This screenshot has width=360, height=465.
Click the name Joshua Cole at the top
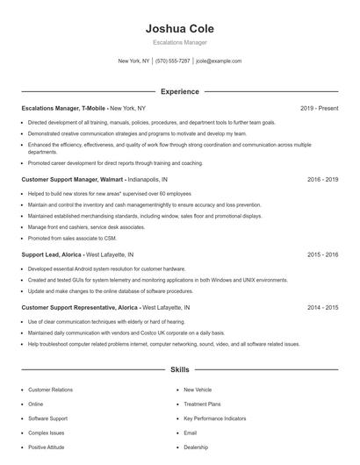click(179, 28)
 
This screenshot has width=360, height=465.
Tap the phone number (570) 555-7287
click(173, 61)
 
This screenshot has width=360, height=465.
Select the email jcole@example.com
click(219, 61)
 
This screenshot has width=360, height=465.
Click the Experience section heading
click(179, 91)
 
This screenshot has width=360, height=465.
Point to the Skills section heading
click(179, 370)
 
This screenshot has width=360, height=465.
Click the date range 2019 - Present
click(319, 108)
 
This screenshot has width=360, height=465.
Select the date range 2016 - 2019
click(323, 179)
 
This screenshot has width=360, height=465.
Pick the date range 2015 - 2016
click(323, 254)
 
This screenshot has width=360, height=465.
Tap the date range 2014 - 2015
click(323, 308)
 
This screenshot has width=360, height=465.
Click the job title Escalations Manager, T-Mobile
click(63, 108)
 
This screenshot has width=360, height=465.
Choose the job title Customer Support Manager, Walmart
click(73, 179)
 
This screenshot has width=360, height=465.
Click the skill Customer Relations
click(50, 389)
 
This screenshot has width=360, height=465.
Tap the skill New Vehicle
click(198, 389)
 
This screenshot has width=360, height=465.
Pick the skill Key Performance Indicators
click(215, 418)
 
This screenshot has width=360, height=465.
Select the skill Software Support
click(47, 418)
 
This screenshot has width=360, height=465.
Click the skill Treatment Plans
click(201, 404)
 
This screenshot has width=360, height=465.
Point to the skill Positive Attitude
click(47, 447)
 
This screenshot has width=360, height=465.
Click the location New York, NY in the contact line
click(134, 61)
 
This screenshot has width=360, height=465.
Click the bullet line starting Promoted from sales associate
click(73, 237)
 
